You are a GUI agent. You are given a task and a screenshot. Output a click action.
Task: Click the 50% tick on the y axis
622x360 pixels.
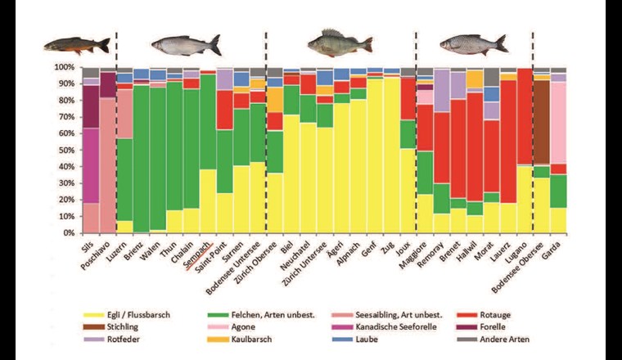(68, 150)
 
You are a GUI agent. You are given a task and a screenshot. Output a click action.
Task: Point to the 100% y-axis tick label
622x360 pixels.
(65, 66)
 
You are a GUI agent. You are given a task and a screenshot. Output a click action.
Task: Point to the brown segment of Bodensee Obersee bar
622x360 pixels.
(540, 123)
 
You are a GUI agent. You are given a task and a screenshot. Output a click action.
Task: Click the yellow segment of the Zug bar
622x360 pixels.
(391, 155)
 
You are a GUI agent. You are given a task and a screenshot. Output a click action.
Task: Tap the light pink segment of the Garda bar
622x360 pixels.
(558, 123)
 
